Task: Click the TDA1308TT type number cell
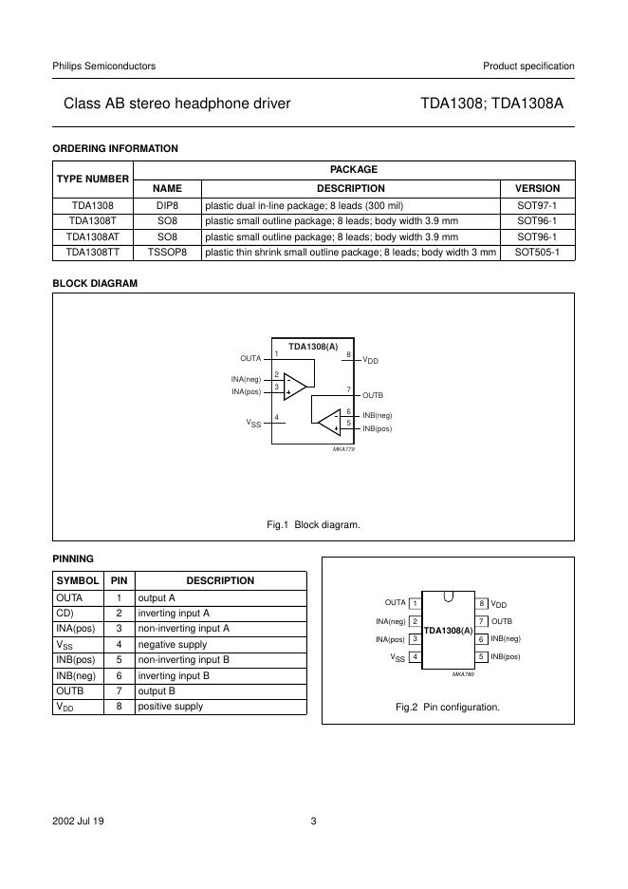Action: coord(92,253)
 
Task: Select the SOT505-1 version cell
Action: coord(537,253)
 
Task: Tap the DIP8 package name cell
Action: coord(167,204)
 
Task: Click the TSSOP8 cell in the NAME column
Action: coord(167,253)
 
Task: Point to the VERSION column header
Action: coord(537,188)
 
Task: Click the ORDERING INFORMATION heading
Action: coord(115,148)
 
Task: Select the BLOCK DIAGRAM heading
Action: coord(95,283)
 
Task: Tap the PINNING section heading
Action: coord(73,558)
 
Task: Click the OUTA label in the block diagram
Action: coord(250,358)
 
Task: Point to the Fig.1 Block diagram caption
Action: coord(313,524)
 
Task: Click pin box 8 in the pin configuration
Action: coord(482,603)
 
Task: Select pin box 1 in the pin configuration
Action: coord(416,603)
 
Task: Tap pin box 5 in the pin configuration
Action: coord(482,656)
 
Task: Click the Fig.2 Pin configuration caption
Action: coord(447,707)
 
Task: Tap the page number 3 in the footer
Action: coord(313,822)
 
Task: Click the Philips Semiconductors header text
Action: coord(104,66)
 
